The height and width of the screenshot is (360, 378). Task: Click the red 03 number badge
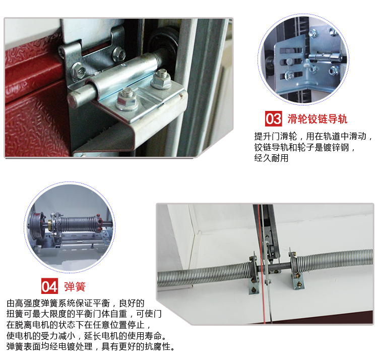[273, 118]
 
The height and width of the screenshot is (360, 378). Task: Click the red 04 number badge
[49, 286]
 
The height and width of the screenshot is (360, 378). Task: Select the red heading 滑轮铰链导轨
[317, 119]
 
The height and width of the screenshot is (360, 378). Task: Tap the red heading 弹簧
[75, 286]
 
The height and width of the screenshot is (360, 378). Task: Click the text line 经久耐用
[271, 158]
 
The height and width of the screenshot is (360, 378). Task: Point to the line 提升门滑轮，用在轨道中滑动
[313, 136]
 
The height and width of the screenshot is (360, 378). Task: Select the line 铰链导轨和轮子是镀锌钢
[304, 147]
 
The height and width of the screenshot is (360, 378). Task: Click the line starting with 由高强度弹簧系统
[76, 303]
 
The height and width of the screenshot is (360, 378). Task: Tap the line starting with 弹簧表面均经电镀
[90, 346]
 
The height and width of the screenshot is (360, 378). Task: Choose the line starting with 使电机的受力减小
[86, 336]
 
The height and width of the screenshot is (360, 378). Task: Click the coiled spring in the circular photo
[79, 224]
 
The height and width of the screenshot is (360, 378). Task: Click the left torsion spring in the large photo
[204, 275]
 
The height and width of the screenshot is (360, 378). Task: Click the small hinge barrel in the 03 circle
[325, 57]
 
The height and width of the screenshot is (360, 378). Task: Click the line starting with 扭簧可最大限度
[84, 314]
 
